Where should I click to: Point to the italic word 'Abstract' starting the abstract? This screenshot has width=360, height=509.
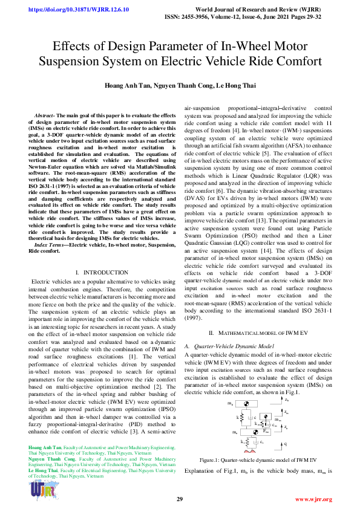point(46,115)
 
